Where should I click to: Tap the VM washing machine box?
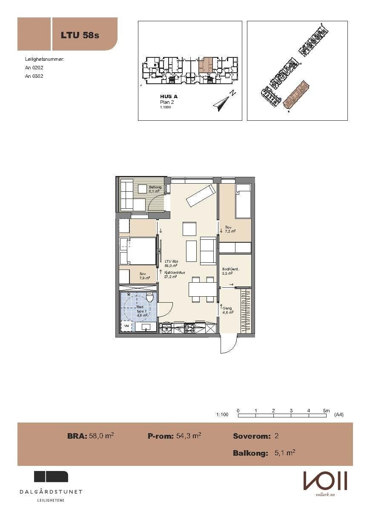pyautogui.click(x=126, y=326)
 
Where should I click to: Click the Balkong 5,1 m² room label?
pyautogui.click(x=154, y=189)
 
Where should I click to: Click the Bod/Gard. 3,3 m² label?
pyautogui.click(x=231, y=271)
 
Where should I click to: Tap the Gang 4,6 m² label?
pyautogui.click(x=228, y=310)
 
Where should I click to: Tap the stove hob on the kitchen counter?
pyautogui.click(x=189, y=328)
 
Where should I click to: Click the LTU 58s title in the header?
pyautogui.click(x=80, y=35)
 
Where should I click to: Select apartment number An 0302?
pyautogui.click(x=34, y=76)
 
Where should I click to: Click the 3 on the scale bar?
pyautogui.click(x=291, y=411)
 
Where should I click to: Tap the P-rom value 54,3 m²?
pyautogui.click(x=188, y=436)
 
